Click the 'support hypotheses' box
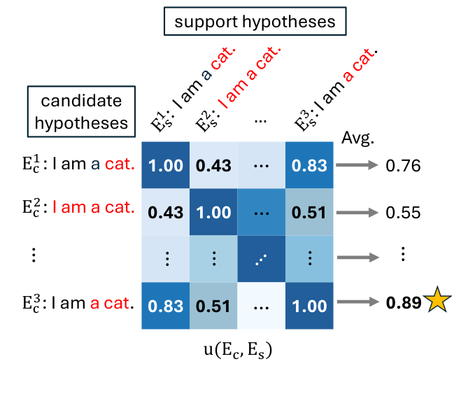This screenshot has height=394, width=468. pos(255,21)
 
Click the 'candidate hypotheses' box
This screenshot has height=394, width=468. pos(81,111)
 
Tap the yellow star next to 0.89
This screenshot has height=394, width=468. pos(437,300)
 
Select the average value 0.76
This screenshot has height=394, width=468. pos(403,165)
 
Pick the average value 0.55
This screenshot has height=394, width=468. pos(403,213)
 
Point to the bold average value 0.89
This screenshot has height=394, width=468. pos(404,302)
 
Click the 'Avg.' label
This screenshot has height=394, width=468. pos(357,139)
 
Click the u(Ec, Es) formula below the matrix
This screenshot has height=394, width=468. pos(238,350)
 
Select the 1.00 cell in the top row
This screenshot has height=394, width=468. pos(166,165)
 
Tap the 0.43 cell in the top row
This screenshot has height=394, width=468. pos(213,165)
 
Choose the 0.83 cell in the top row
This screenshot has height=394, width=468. pos(309,165)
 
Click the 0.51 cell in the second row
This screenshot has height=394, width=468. pos(309,212)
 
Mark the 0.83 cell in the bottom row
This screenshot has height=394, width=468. pos(166,306)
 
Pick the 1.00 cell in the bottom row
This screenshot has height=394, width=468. pos(309,306)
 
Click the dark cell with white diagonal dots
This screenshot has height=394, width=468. pos(262,259)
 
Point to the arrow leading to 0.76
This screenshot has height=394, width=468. pos(357,164)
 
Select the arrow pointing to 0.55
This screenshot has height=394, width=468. pos(357,213)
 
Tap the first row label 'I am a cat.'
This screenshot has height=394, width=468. pos(78,164)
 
